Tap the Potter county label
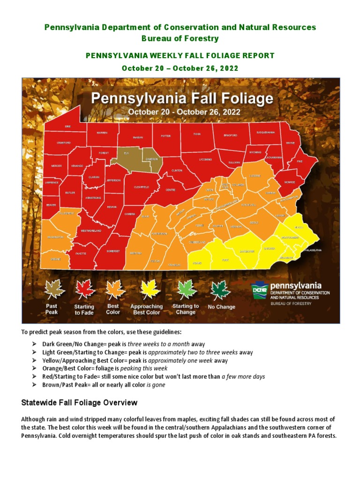point(165,136)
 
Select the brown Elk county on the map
point(126,153)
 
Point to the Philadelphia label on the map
point(313,250)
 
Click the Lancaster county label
point(247,252)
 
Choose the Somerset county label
point(112,251)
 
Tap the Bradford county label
point(230,135)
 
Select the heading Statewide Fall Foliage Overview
point(80,403)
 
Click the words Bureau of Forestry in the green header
point(180,38)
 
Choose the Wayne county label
point(290,143)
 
